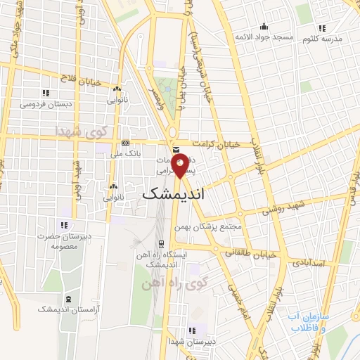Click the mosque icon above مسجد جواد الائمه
click(264, 26)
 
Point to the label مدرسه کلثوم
click(322, 39)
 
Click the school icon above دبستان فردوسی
click(46, 93)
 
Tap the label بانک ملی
click(127, 152)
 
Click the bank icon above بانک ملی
click(125, 141)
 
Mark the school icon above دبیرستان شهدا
click(192, 330)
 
